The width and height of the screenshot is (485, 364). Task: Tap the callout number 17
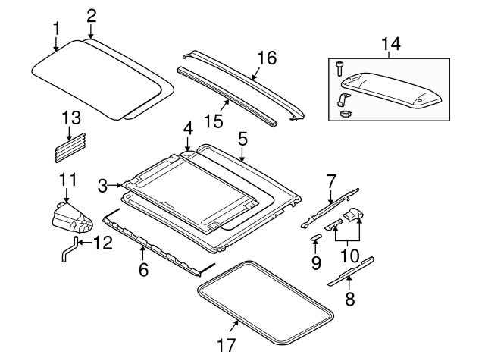tap(226, 347)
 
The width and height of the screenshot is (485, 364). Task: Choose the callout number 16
tap(266, 58)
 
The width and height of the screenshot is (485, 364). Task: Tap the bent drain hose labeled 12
tap(68, 249)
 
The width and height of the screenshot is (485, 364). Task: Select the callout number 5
tap(242, 140)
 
